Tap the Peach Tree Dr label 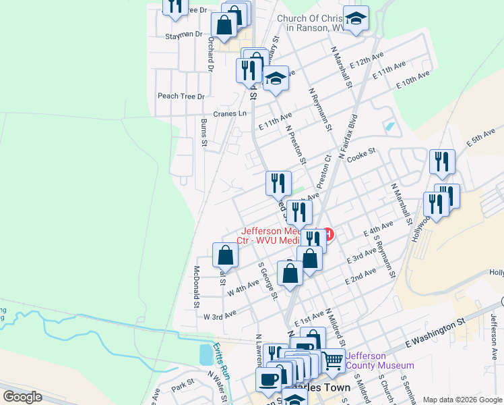[x=181, y=96]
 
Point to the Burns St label [x=203, y=132]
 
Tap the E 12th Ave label [x=371, y=61]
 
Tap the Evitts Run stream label [x=221, y=361]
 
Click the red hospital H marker [x=329, y=235]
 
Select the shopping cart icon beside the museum [x=332, y=361]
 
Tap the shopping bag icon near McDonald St [x=225, y=255]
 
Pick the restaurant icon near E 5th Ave [x=442, y=161]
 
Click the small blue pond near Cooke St [x=389, y=126]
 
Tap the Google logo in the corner [x=22, y=396]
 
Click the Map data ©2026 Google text [x=462, y=400]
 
